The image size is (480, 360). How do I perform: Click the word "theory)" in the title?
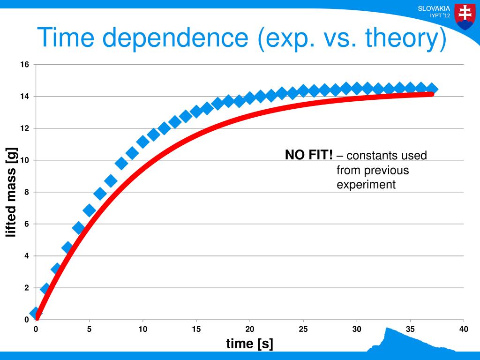pyautogui.click(x=406, y=38)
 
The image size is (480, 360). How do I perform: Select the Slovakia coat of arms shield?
pyautogui.click(x=465, y=17)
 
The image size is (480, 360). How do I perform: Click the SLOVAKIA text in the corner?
pyautogui.click(x=434, y=8)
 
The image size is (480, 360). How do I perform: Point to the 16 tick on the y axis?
pyautogui.click(x=25, y=64)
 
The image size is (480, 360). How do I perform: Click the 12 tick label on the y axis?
pyautogui.click(x=25, y=128)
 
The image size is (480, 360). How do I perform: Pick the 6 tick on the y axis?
pyautogui.click(x=27, y=224)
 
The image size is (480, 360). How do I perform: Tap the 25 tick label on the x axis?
pyautogui.click(x=303, y=329)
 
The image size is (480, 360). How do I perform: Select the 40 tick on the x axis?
pyautogui.click(x=464, y=329)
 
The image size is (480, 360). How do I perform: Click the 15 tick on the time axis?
pyautogui.click(x=196, y=329)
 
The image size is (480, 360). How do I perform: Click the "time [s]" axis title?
pyautogui.click(x=249, y=344)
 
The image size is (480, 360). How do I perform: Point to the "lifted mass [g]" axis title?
pyautogui.click(x=11, y=192)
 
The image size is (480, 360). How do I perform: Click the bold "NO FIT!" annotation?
pyautogui.click(x=308, y=155)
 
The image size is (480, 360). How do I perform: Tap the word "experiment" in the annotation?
pyautogui.click(x=366, y=185)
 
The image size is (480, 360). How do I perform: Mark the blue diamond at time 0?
pyautogui.click(x=36, y=313)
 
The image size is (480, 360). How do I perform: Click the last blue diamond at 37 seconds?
pyautogui.click(x=432, y=89)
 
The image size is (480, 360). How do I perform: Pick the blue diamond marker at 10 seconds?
pyautogui.click(x=142, y=142)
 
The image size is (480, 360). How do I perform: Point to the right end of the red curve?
pyautogui.click(x=432, y=94)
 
